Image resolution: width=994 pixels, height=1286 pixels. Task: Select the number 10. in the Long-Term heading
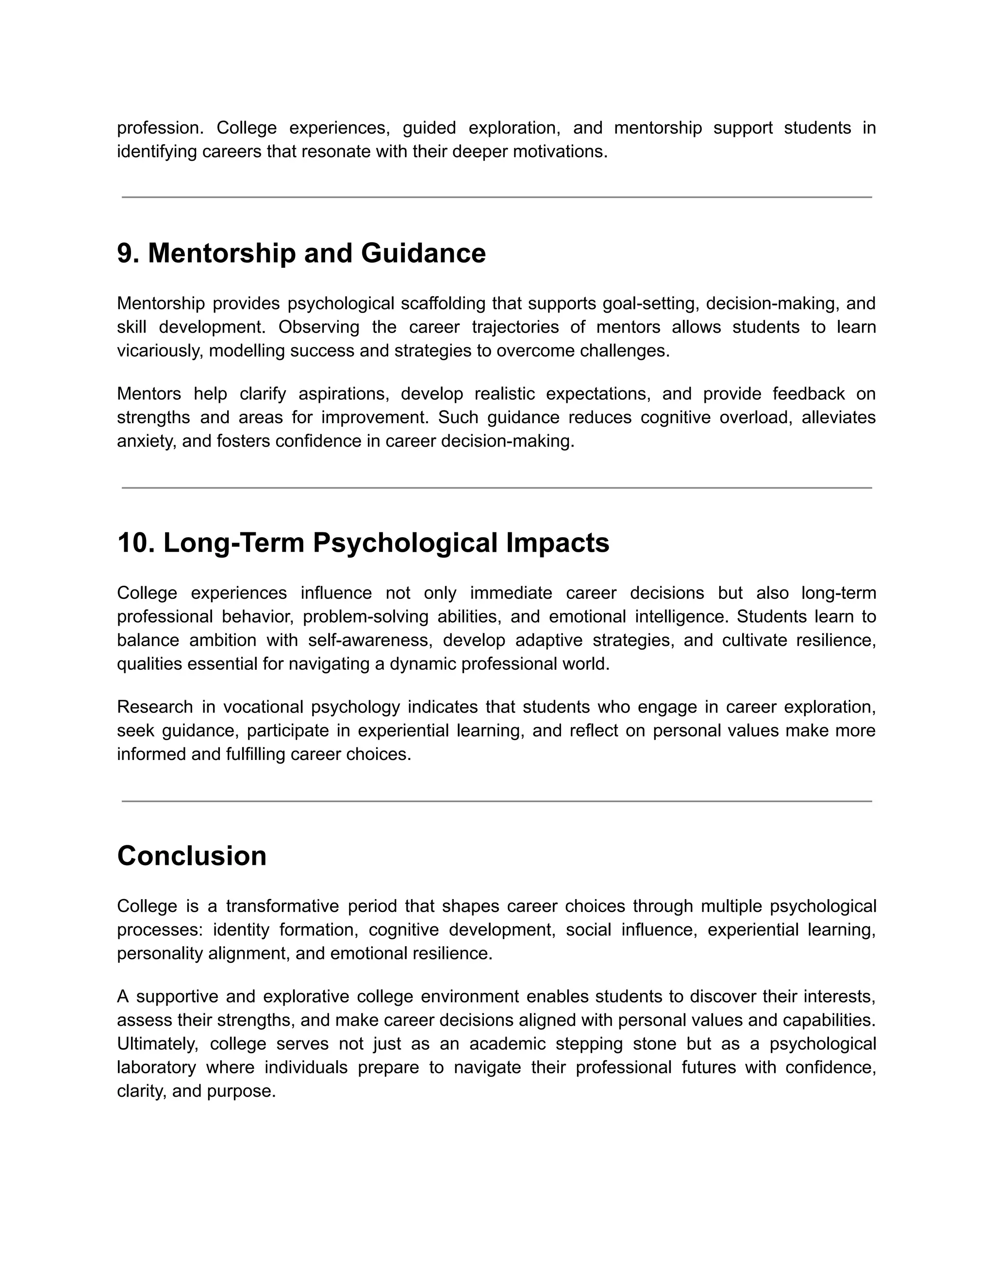[x=135, y=543]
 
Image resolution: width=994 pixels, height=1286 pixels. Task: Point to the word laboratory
[x=156, y=1067]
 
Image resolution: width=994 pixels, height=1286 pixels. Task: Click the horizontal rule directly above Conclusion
[x=497, y=801]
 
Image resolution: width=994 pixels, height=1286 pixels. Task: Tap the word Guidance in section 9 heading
[x=423, y=253]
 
